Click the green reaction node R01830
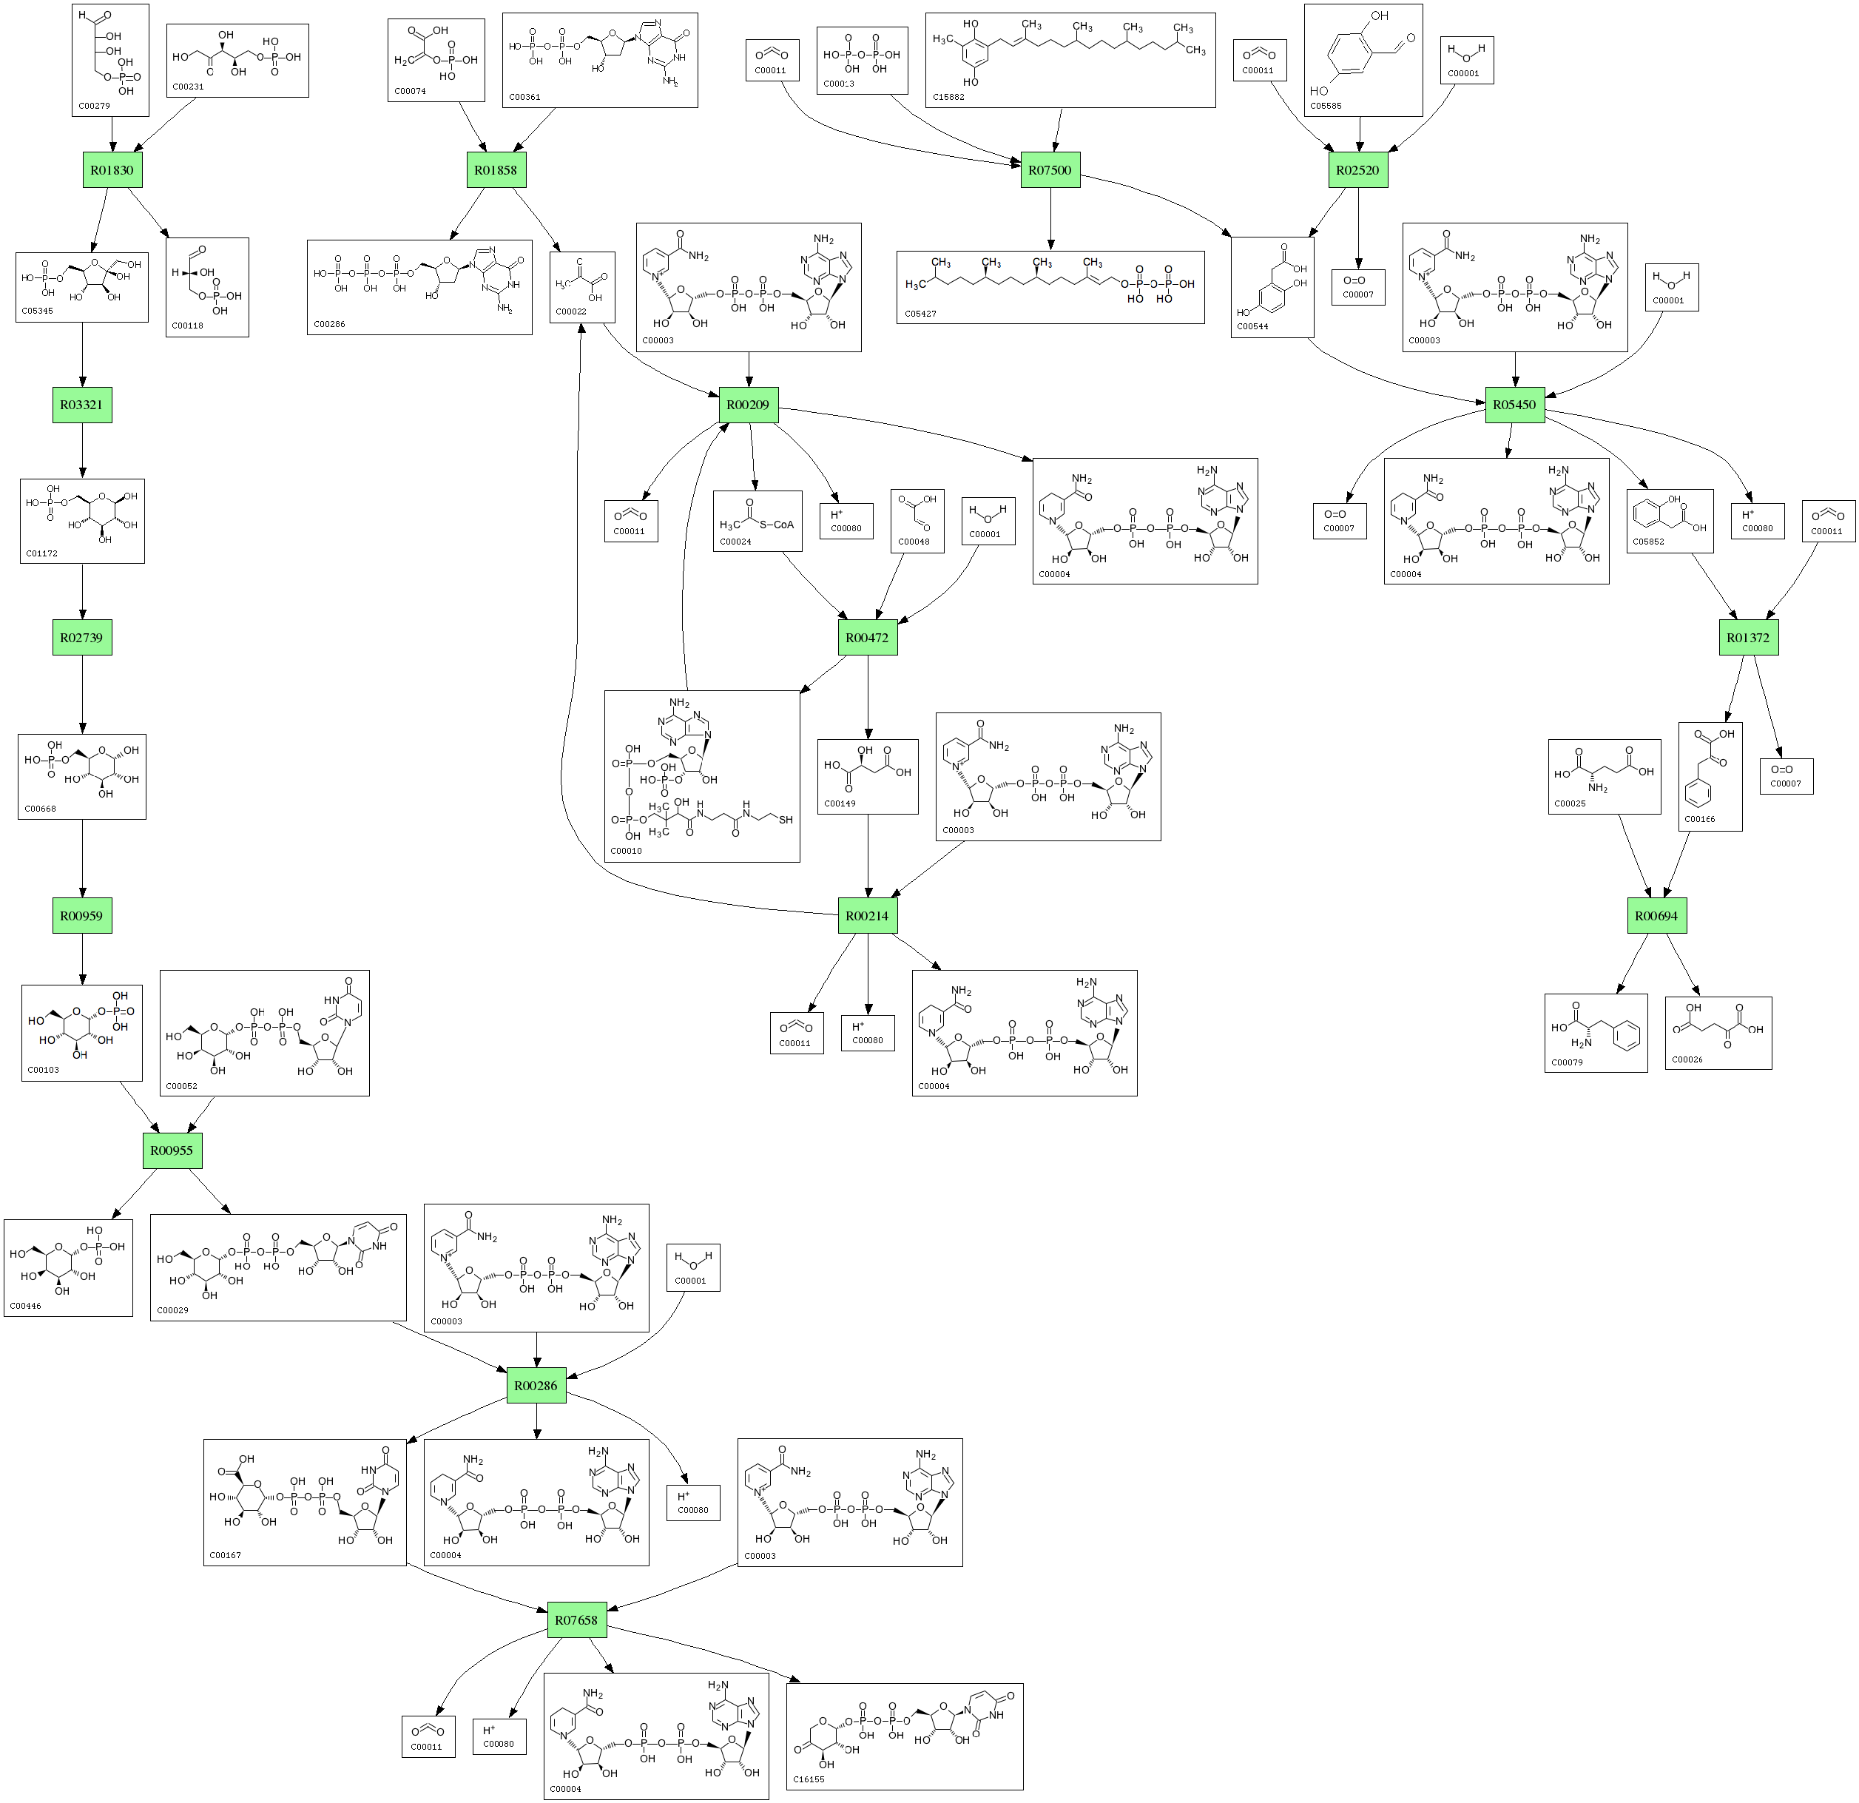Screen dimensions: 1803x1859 coord(112,171)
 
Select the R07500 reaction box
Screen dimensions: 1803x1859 coord(1050,171)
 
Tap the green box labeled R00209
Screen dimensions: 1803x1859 coord(749,405)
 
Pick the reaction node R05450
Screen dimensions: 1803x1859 coord(1515,405)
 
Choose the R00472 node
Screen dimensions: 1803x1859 coord(868,638)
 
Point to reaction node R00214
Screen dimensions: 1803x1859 coord(868,916)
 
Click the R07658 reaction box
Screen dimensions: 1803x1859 coord(578,1621)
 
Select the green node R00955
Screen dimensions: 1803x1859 coord(172,1151)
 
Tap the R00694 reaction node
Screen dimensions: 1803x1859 coord(1657,916)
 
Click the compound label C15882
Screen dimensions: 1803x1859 coord(948,97)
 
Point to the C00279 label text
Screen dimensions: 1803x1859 coord(95,107)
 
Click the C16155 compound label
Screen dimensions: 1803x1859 coord(809,1779)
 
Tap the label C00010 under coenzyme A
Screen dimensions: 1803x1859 coord(626,851)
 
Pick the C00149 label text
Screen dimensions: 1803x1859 coord(840,803)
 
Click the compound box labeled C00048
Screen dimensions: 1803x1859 coord(917,522)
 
